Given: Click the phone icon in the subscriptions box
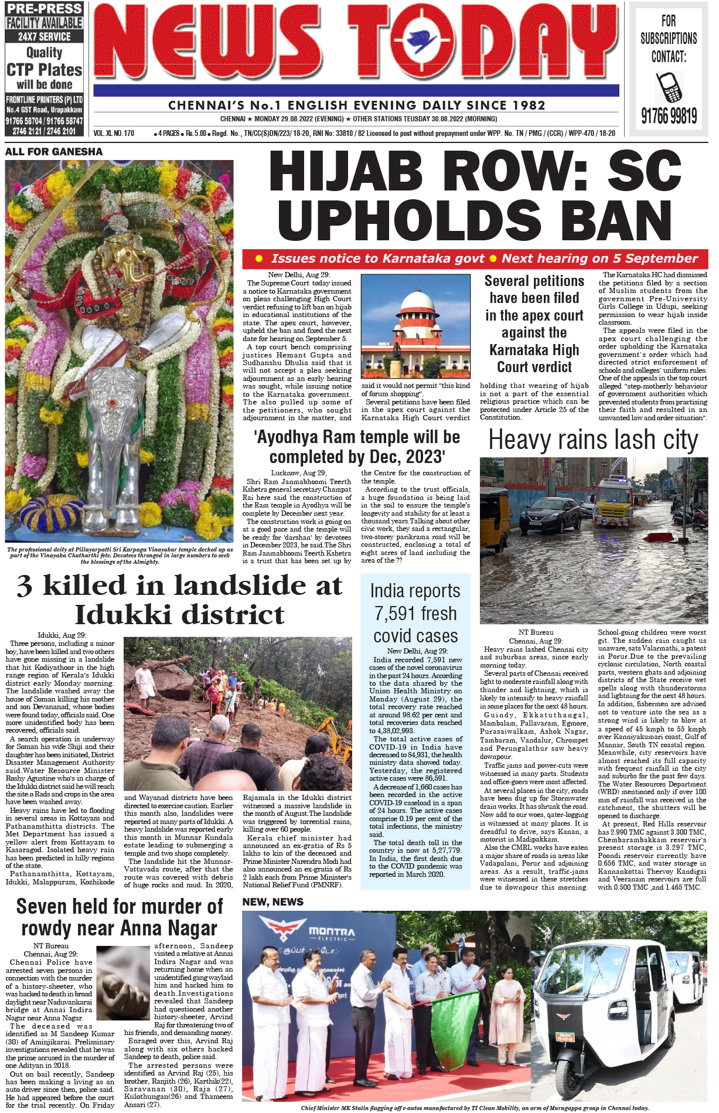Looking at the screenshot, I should click(x=669, y=87).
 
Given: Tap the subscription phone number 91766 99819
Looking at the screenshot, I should click(x=669, y=116).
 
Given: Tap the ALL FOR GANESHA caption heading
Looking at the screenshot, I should click(x=54, y=152).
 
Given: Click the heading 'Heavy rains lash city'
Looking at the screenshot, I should click(x=593, y=440).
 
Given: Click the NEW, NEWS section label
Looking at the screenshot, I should click(x=273, y=902).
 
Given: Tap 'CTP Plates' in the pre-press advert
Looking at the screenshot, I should click(x=45, y=70).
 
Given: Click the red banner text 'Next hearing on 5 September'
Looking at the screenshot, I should click(x=599, y=258).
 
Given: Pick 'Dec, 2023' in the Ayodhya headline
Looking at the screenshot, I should click(x=404, y=457).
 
